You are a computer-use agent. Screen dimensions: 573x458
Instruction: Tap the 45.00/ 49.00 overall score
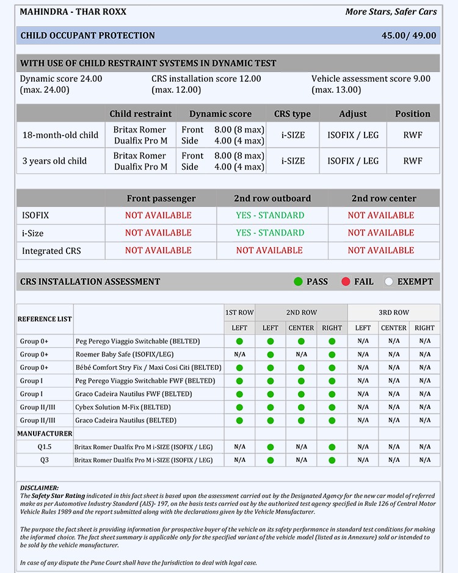click(409, 35)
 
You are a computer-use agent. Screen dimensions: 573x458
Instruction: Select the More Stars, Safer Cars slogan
click(391, 12)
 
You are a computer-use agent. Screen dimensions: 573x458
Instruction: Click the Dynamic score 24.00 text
click(61, 79)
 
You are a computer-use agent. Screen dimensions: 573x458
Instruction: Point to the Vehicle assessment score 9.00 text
click(371, 79)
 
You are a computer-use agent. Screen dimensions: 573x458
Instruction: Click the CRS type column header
click(293, 114)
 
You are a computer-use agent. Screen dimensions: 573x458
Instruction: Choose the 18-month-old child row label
click(60, 135)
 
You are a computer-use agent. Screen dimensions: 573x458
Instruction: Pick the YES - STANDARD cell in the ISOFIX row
click(270, 215)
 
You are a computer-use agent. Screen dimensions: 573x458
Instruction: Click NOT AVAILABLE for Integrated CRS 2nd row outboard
click(269, 250)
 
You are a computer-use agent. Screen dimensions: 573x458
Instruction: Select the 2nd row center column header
click(383, 198)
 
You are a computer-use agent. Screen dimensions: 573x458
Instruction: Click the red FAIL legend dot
click(346, 281)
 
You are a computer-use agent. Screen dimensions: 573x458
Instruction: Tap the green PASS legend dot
click(298, 281)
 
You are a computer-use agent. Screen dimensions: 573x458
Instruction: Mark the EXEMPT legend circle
click(389, 281)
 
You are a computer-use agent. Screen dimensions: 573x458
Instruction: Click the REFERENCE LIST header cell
click(45, 319)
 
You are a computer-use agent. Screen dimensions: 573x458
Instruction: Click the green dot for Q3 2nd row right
click(332, 460)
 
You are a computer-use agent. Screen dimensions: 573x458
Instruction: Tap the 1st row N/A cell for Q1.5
click(239, 447)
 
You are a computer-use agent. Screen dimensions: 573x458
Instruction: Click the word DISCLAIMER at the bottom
click(40, 488)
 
